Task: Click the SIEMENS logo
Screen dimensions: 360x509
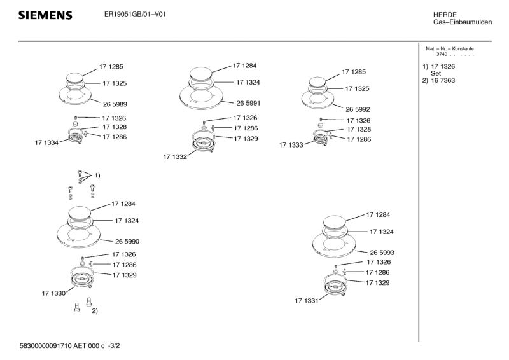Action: [x=45, y=15]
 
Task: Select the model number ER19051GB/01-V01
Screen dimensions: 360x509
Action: [x=135, y=14]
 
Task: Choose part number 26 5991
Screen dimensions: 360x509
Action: [x=248, y=103]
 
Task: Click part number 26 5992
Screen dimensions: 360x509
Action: [x=358, y=109]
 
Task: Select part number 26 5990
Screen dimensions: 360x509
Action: [x=127, y=242]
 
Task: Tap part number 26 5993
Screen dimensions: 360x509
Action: [x=382, y=253]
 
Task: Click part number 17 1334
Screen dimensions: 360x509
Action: [x=46, y=143]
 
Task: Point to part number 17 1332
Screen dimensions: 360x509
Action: [x=174, y=156]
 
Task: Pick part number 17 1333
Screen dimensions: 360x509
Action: [x=291, y=145]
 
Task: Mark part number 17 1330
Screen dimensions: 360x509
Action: [x=53, y=293]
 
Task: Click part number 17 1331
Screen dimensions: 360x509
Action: [x=306, y=300]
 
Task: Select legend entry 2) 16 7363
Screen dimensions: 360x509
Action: [x=438, y=81]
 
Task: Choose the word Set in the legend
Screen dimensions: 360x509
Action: [x=436, y=74]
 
